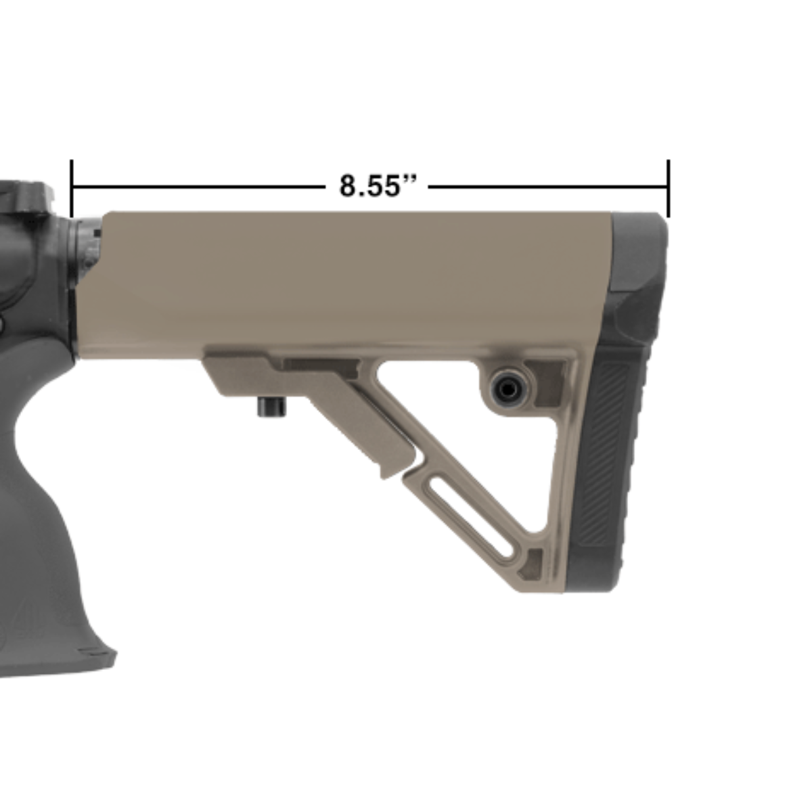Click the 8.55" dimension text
pos(377,185)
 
